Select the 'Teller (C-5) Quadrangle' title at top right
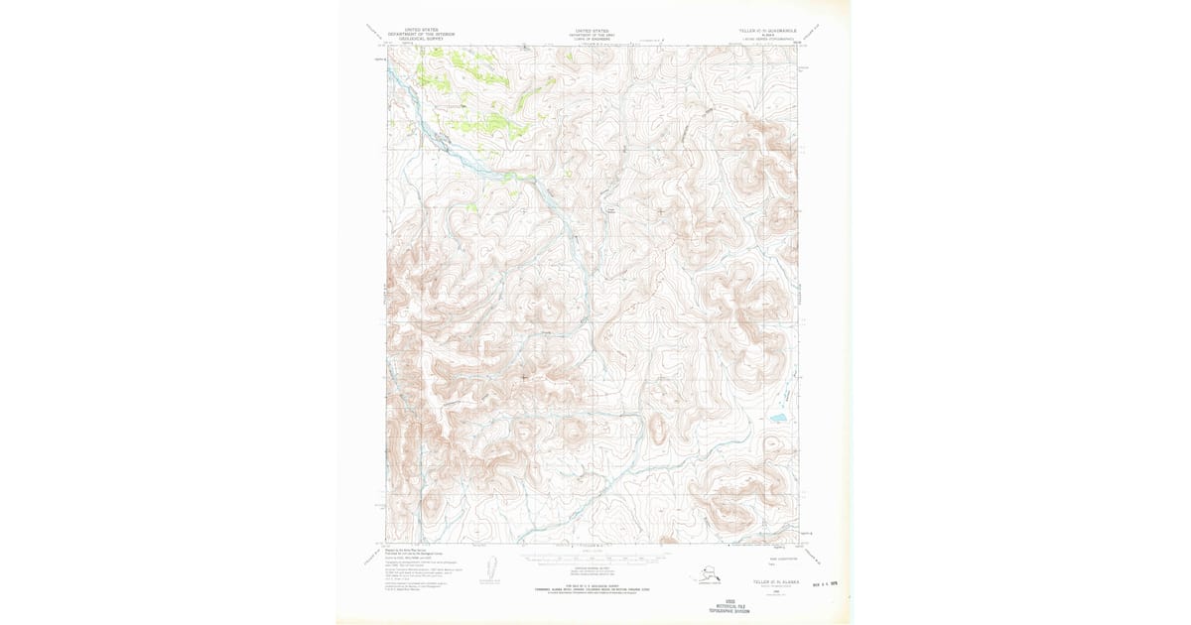(762, 31)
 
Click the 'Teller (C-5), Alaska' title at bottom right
(762, 581)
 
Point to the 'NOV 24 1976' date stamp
(830, 585)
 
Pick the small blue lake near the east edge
(774, 420)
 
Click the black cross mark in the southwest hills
(524, 377)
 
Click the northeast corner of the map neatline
(799, 46)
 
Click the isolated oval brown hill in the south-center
(656, 429)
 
